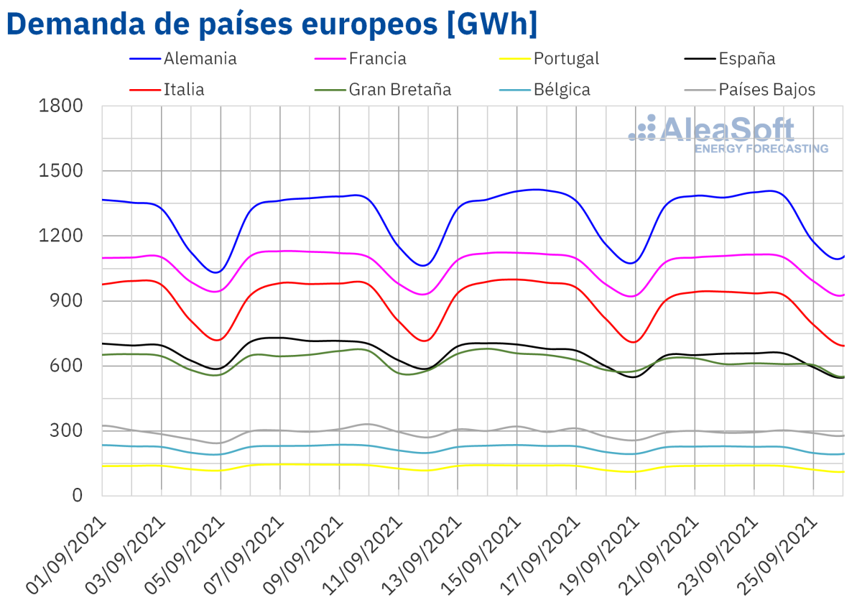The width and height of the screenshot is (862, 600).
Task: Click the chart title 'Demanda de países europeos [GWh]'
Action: click(272, 24)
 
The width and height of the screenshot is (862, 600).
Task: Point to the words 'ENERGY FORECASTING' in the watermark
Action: click(761, 149)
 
